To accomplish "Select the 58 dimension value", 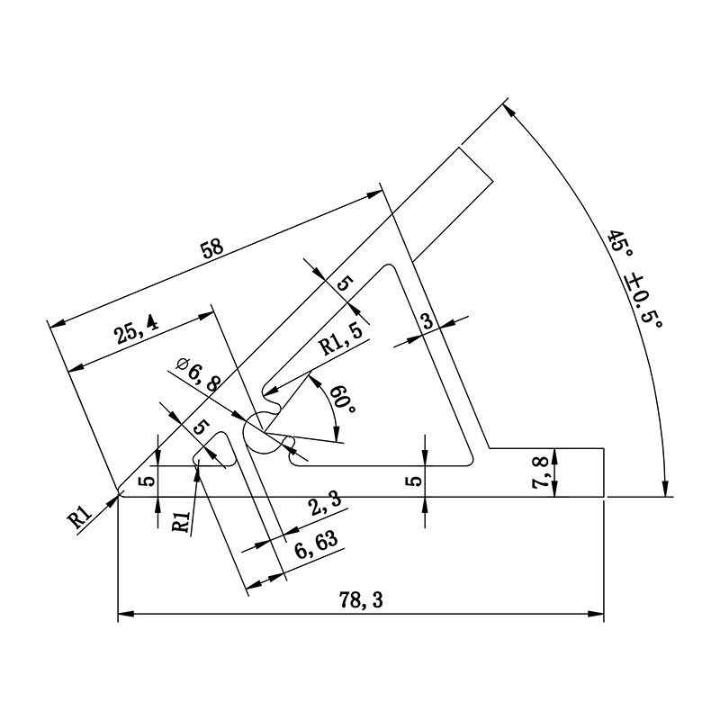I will [212, 249].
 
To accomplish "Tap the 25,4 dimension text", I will [136, 332].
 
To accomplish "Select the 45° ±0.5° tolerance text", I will [634, 280].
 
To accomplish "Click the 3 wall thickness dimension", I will [427, 320].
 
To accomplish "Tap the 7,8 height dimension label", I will [540, 472].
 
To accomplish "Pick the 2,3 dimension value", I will [323, 508].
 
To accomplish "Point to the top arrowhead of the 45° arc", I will [508, 110].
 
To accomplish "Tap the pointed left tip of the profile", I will [120, 493].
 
